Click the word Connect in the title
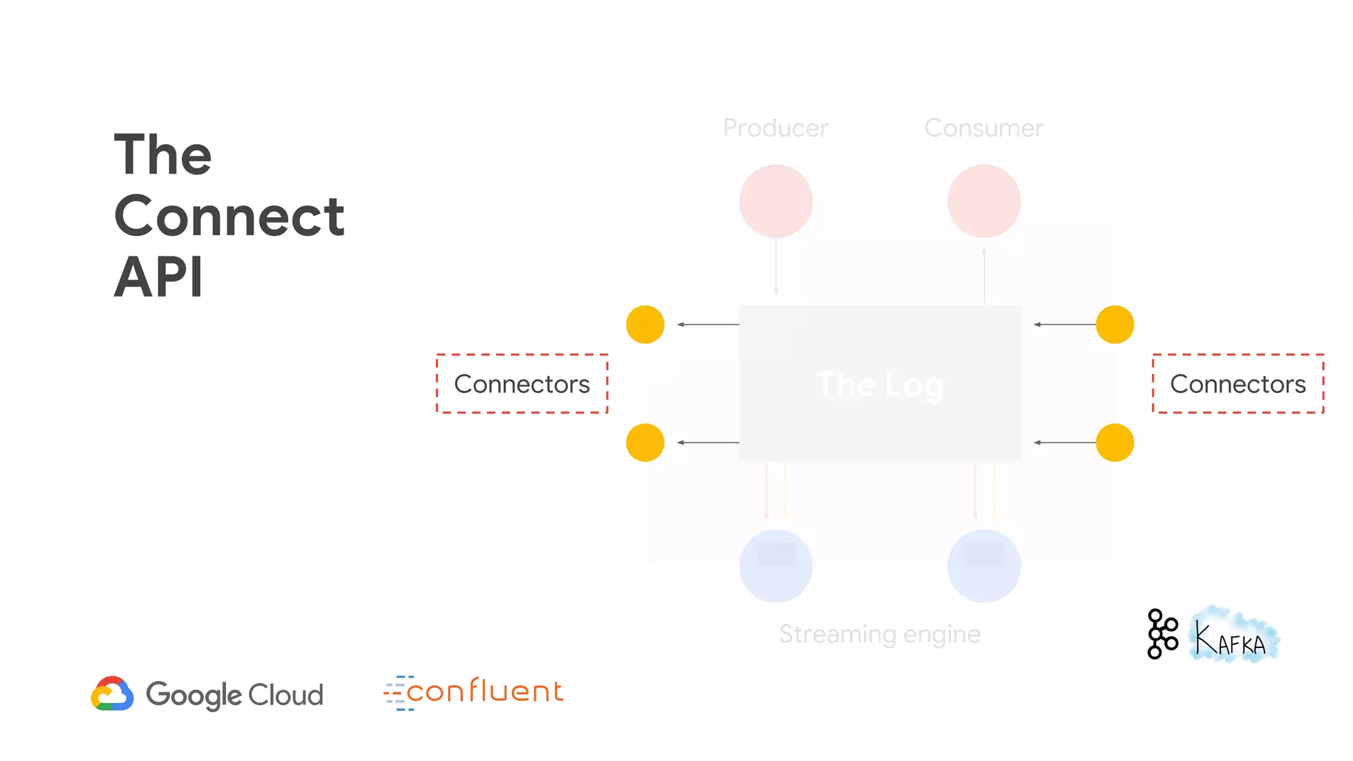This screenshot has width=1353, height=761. click(x=229, y=216)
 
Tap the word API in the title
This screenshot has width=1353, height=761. click(x=159, y=277)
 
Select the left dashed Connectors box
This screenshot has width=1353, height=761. click(x=522, y=384)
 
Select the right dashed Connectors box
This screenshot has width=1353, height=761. click(x=1238, y=384)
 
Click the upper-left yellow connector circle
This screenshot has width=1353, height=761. click(x=645, y=324)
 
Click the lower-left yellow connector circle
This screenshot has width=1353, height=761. click(x=645, y=443)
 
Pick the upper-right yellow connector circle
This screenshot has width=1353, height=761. click(x=1115, y=324)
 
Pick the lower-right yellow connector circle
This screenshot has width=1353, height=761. click(x=1115, y=443)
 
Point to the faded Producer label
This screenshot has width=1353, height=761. click(x=776, y=128)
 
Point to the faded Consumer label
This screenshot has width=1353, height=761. click(x=984, y=128)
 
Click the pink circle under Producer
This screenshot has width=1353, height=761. click(x=776, y=201)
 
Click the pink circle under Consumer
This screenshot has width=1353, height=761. click(x=984, y=201)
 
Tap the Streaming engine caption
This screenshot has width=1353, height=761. click(x=879, y=634)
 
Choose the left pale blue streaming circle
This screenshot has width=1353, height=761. click(x=776, y=566)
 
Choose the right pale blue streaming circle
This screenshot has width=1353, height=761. click(x=984, y=566)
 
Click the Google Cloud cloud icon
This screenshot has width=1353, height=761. click(x=112, y=694)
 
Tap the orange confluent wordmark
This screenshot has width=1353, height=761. click(x=484, y=692)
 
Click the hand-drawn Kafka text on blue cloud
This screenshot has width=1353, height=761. click(x=1233, y=637)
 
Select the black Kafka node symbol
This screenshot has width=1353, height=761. click(x=1162, y=634)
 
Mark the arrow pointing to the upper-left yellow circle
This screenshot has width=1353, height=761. click(x=708, y=324)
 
